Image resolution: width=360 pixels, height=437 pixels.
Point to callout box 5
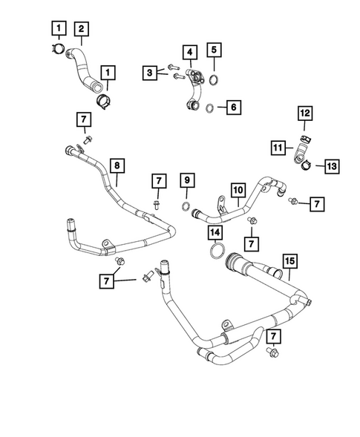pyautogui.click(x=214, y=51)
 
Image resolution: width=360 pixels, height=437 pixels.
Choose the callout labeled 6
pyautogui.click(x=233, y=108)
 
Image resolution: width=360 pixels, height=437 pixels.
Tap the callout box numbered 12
pyautogui.click(x=304, y=114)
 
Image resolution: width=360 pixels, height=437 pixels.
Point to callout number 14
pyautogui.click(x=215, y=234)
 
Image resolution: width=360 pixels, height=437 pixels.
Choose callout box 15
pyautogui.click(x=289, y=260)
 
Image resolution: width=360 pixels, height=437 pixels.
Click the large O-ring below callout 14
pyautogui.click(x=216, y=254)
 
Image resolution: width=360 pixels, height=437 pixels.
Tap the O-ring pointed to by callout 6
pyautogui.click(x=211, y=108)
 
